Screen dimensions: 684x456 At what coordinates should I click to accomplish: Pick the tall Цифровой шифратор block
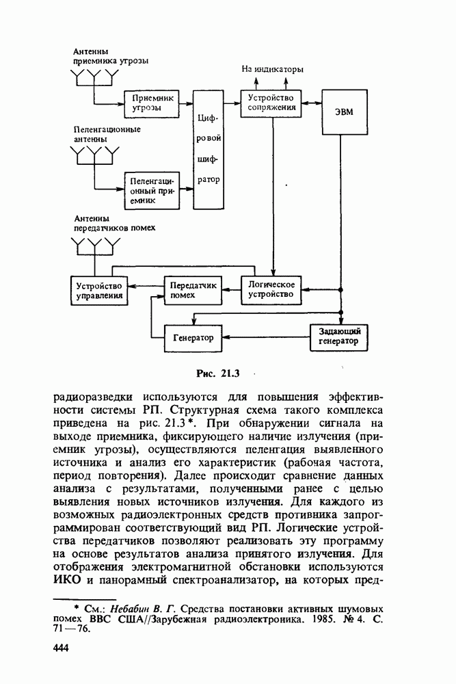coord(209,149)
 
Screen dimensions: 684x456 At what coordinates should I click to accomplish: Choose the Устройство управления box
coord(100,290)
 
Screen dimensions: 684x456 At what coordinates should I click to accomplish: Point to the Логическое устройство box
coord(272,289)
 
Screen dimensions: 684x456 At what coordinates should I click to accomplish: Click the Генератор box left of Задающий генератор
coord(193,338)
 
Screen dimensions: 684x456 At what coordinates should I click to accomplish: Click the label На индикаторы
coord(273,69)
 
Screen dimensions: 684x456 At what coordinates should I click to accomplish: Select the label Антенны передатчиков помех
coord(115,222)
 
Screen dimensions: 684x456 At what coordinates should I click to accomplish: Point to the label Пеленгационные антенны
coord(107,133)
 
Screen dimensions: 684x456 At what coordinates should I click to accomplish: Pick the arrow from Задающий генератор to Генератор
coord(267,337)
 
